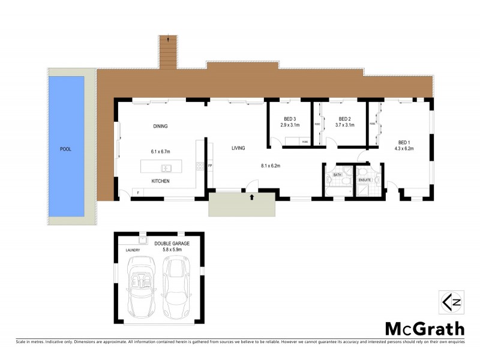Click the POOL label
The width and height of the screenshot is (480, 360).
tap(65, 149)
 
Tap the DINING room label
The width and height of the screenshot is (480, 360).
tap(160, 126)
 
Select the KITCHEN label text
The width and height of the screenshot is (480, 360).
tap(160, 181)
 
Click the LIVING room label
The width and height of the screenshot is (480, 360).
tap(240, 147)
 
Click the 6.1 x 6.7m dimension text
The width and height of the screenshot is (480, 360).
tap(160, 152)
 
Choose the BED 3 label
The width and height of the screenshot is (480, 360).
tap(290, 119)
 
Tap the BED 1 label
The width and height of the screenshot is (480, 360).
tap(403, 142)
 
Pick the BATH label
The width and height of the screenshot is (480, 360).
tap(337, 175)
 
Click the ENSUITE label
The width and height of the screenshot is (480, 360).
tap(364, 179)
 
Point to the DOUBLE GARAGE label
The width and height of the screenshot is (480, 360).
tap(172, 244)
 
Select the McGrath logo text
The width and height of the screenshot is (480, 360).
tap(424, 329)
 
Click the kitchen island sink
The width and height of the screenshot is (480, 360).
tap(166, 167)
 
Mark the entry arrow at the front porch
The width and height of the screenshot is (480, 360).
tap(252, 196)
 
